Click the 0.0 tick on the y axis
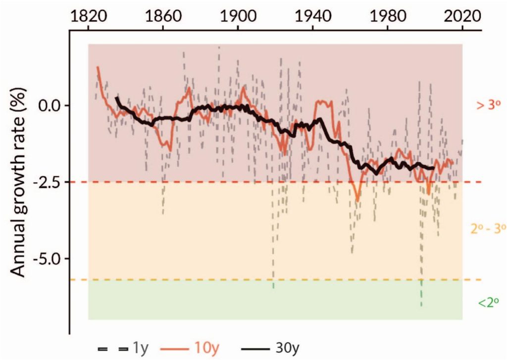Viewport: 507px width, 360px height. pos(51,105)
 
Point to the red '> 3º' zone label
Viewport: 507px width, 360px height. pos(488,105)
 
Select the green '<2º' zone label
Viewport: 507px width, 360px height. pos(488,302)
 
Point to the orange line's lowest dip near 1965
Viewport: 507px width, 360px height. pos(357,201)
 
